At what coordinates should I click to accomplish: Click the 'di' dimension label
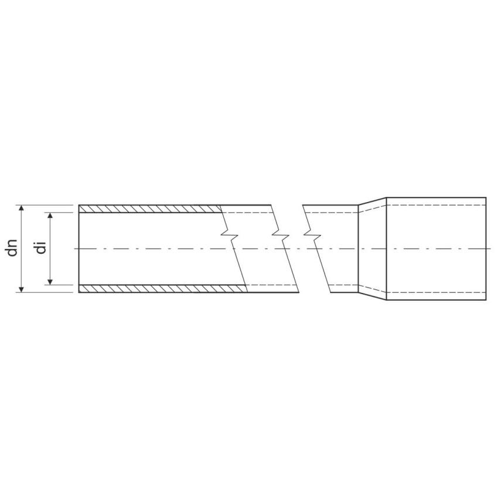pyautogui.click(x=41, y=248)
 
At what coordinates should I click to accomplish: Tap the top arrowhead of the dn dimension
pyautogui.click(x=21, y=208)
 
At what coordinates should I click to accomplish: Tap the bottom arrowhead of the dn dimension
pyautogui.click(x=21, y=289)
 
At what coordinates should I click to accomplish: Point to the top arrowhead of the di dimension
pyautogui.click(x=50, y=216)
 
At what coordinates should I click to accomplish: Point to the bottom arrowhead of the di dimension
pyautogui.click(x=50, y=282)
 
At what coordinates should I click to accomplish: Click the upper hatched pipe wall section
pyautogui.click(x=150, y=209)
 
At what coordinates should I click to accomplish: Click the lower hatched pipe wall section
pyautogui.click(x=163, y=289)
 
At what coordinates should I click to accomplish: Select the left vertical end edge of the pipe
pyautogui.click(x=79, y=248)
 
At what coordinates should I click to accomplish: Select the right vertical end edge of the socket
pyautogui.click(x=486, y=248)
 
